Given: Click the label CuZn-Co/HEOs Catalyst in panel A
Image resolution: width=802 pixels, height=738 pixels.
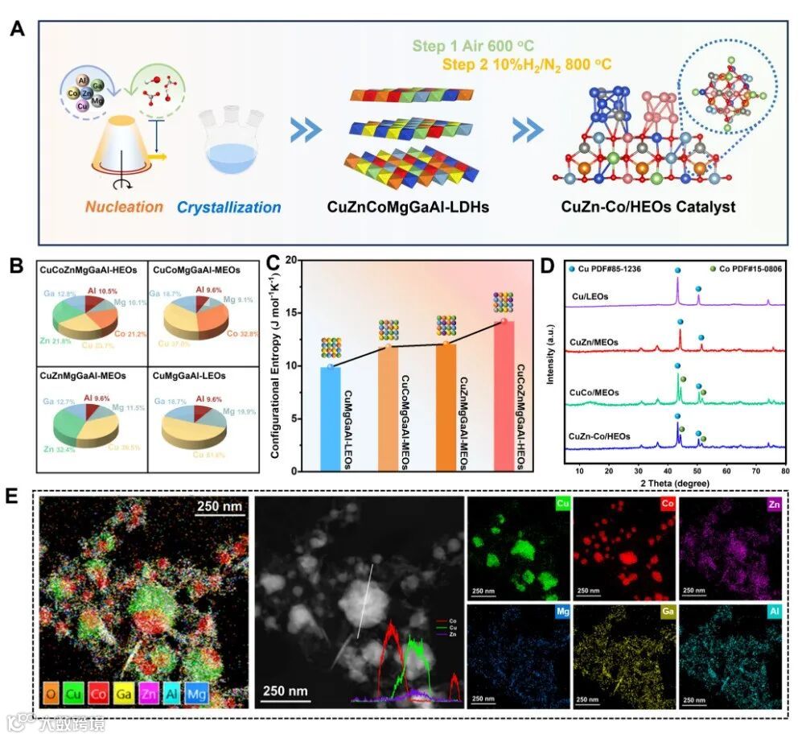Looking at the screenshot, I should coord(650,207).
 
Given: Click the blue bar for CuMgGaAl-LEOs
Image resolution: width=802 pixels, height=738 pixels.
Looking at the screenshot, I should coord(331,418).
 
